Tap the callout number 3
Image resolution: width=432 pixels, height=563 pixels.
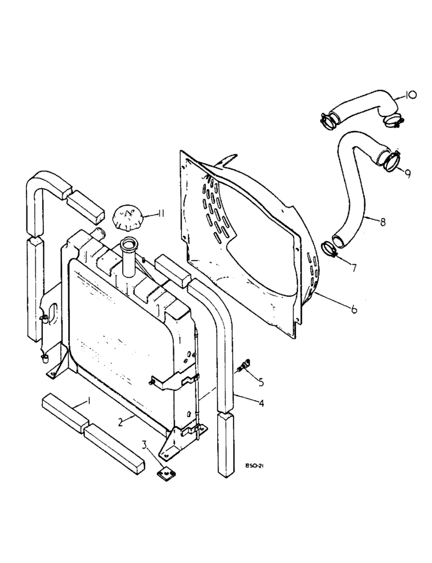(146, 448)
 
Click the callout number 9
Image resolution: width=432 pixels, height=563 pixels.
(407, 174)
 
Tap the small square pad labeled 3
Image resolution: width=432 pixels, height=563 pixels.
(164, 473)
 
